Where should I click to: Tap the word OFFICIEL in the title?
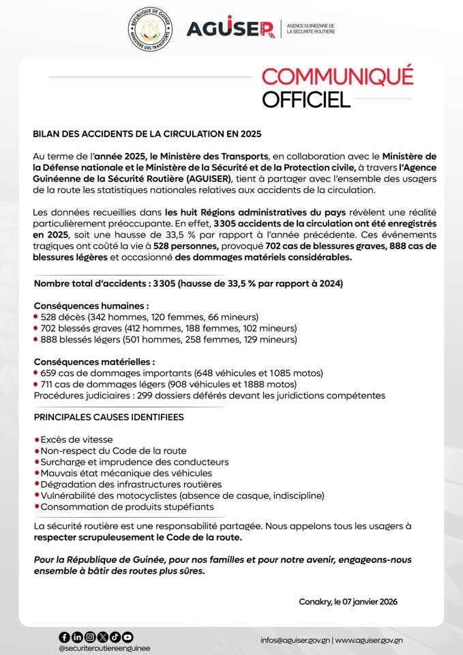point(306,100)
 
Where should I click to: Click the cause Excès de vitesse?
point(76,439)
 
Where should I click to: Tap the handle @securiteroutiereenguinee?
point(104,648)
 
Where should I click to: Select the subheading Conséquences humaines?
point(91,306)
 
